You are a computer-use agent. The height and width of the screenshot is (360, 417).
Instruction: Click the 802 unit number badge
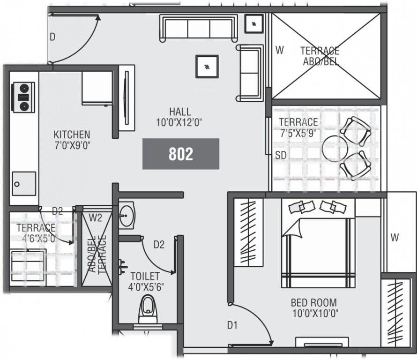(x=181, y=154)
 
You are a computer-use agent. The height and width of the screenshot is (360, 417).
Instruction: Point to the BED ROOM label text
(x=313, y=307)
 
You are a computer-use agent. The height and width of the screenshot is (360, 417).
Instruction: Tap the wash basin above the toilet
(x=126, y=216)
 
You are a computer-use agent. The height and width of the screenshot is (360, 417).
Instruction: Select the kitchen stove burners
(x=22, y=97)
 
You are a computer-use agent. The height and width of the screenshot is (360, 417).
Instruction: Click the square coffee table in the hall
(x=207, y=67)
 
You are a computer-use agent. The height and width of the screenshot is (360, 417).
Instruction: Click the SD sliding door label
(x=281, y=155)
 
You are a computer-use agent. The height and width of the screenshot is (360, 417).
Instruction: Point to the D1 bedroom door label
(x=232, y=324)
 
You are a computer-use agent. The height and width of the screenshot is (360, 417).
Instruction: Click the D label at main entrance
(x=52, y=37)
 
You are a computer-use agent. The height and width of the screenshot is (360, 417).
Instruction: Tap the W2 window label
(x=96, y=217)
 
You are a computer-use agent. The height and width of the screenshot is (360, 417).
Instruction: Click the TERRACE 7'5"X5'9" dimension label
(x=298, y=127)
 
